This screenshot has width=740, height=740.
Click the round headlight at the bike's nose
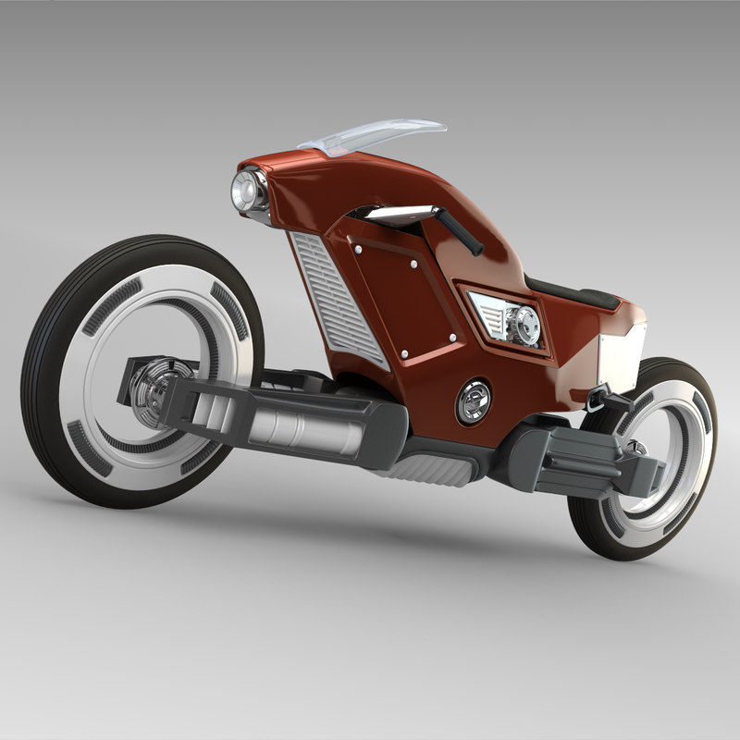[247, 192]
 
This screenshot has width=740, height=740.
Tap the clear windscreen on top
[375, 133]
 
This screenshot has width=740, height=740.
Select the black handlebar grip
[459, 231]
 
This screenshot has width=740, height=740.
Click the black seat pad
[573, 295]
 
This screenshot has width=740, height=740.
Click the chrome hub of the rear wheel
[637, 449]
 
